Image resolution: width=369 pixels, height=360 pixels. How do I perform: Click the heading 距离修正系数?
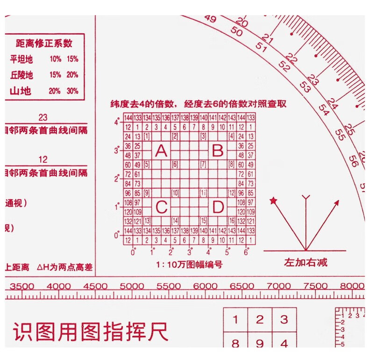pos(44,43)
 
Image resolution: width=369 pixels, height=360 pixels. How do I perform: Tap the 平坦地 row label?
pos(21,59)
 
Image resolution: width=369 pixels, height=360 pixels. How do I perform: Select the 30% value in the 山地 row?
pos(72,91)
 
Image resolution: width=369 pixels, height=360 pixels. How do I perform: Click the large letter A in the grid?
pos(161,151)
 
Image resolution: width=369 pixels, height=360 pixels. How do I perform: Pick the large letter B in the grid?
pos(218,151)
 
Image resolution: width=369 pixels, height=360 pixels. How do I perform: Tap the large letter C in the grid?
pos(161,207)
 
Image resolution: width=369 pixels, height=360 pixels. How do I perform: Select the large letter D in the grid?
pos(218,207)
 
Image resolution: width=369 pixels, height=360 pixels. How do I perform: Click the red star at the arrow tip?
pos(273,201)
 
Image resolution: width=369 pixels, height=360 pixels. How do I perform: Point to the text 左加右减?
pos(306,262)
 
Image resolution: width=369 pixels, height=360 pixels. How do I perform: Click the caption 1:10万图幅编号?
pos(189,265)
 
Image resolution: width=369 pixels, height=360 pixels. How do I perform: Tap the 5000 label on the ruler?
pos(132,286)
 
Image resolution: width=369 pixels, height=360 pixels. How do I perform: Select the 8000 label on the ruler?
pos(352,286)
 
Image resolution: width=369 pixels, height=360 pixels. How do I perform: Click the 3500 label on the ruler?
pos(22,286)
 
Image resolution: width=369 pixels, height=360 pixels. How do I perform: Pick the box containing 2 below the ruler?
pos(259,320)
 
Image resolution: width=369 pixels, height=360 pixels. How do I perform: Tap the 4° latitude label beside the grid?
pos(117,122)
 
